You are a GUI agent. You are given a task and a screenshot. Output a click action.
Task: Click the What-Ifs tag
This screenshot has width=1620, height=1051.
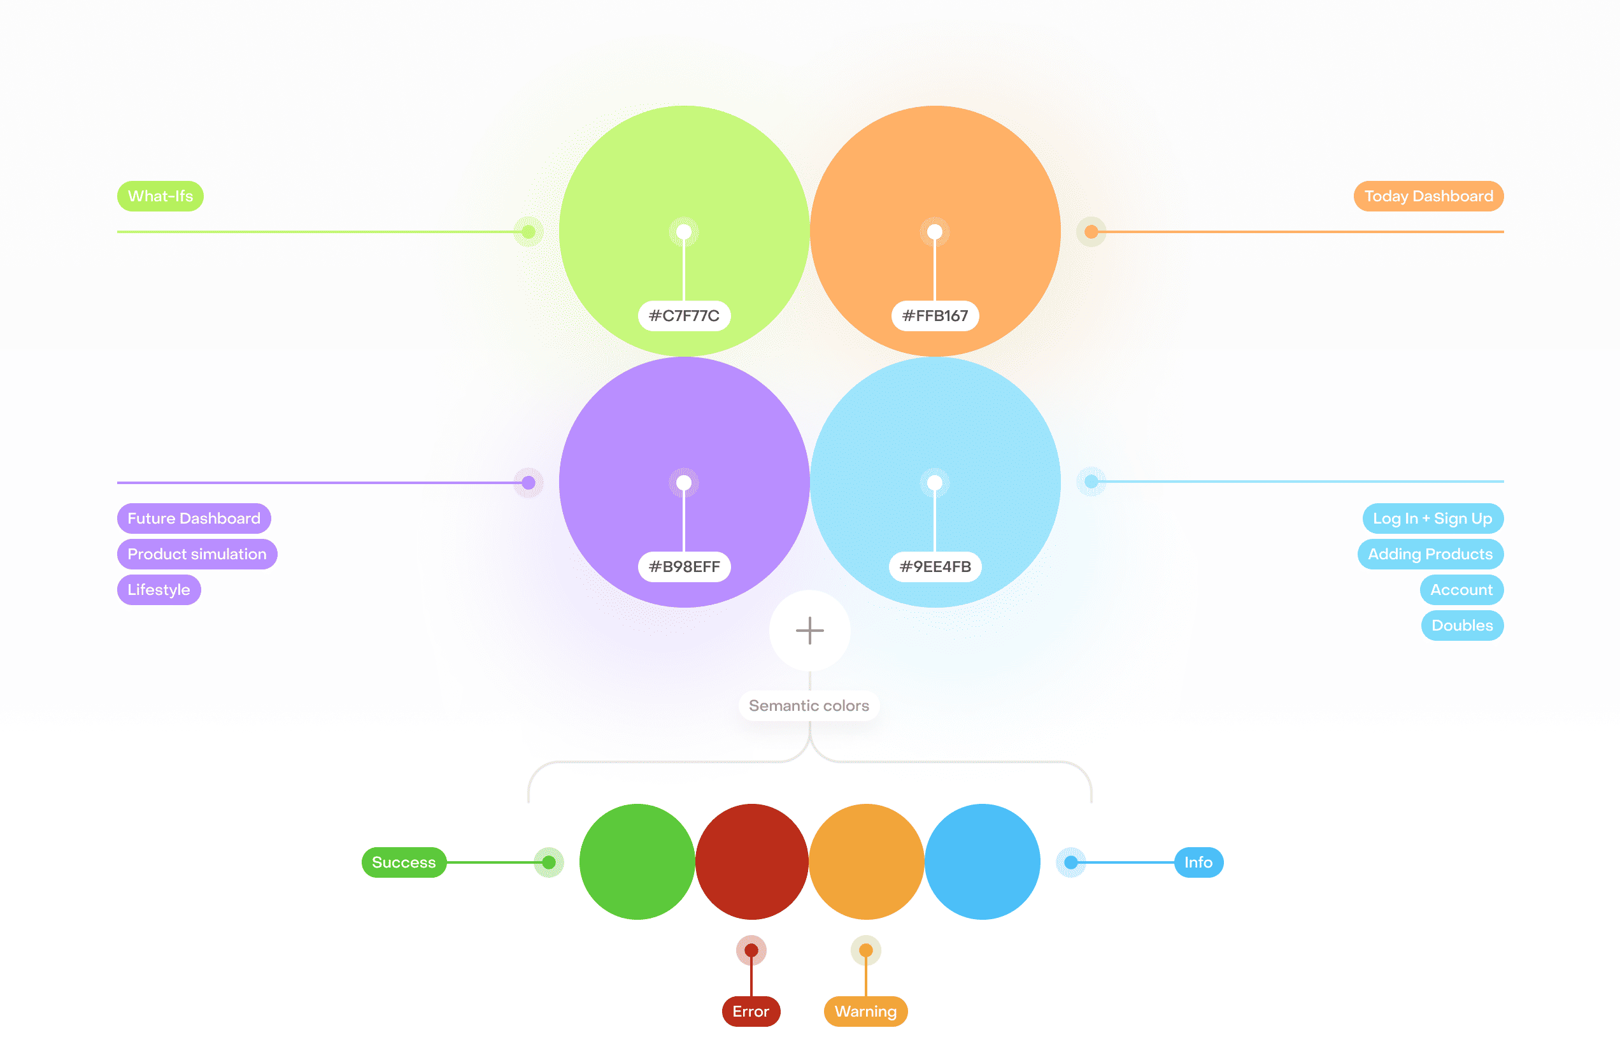tap(160, 196)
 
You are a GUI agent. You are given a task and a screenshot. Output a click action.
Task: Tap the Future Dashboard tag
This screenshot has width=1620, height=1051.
tap(194, 518)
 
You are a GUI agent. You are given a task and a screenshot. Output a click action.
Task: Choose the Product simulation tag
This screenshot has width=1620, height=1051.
tap(197, 554)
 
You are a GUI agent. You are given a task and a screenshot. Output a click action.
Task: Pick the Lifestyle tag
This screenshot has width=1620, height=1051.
tap(159, 589)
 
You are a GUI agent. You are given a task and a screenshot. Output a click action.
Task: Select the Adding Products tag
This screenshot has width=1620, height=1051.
tap(1430, 554)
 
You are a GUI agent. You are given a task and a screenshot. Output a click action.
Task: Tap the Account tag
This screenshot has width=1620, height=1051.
tap(1461, 589)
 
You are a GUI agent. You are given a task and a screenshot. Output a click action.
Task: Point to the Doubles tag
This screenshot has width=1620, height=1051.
tap(1461, 625)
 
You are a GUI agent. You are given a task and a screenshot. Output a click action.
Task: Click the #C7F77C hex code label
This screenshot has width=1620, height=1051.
tap(683, 316)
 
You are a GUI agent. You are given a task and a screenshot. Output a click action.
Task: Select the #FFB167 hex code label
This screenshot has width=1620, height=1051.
tap(935, 316)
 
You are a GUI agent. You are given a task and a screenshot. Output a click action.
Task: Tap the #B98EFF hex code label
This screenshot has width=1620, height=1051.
tap(683, 566)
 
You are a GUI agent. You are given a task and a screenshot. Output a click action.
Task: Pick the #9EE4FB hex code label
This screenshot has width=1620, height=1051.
tap(935, 566)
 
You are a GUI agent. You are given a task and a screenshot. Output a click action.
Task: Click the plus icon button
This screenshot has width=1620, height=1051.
tap(809, 631)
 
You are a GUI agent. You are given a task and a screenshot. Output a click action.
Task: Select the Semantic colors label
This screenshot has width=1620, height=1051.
tap(809, 705)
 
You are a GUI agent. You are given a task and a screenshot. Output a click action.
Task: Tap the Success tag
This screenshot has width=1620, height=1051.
tap(404, 862)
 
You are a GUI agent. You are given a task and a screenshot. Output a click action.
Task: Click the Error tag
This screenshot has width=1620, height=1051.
tap(750, 1011)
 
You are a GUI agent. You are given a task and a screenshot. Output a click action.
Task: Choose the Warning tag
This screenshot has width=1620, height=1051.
tap(865, 1011)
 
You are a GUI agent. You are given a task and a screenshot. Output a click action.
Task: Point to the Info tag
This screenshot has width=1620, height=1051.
tap(1198, 862)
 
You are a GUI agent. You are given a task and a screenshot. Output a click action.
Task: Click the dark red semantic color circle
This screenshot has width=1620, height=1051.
tap(751, 861)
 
